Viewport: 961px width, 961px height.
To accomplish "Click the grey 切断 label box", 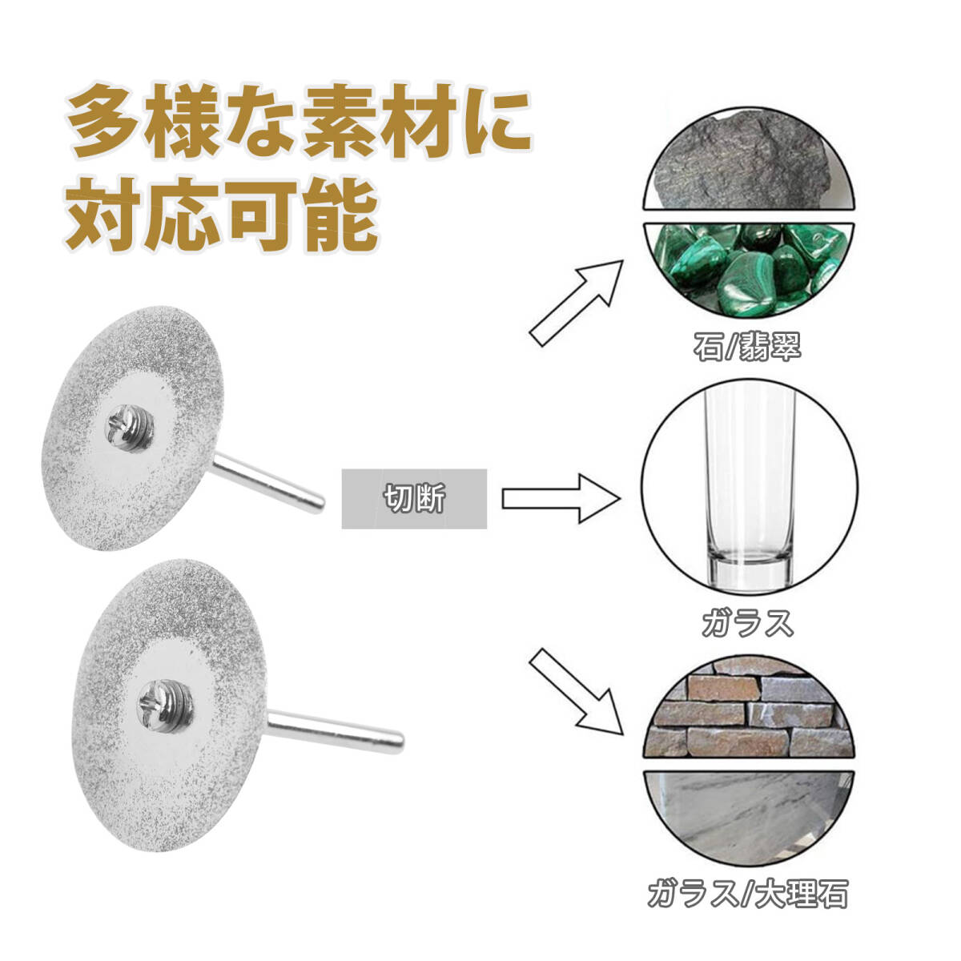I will pos(414,499).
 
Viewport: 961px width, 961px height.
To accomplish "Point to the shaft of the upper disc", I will pos(268,481).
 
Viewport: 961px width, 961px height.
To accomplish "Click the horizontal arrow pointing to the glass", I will pos(561,498).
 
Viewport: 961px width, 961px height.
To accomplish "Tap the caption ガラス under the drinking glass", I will pos(747,622).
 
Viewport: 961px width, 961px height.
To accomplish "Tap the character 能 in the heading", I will pos(337,213).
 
